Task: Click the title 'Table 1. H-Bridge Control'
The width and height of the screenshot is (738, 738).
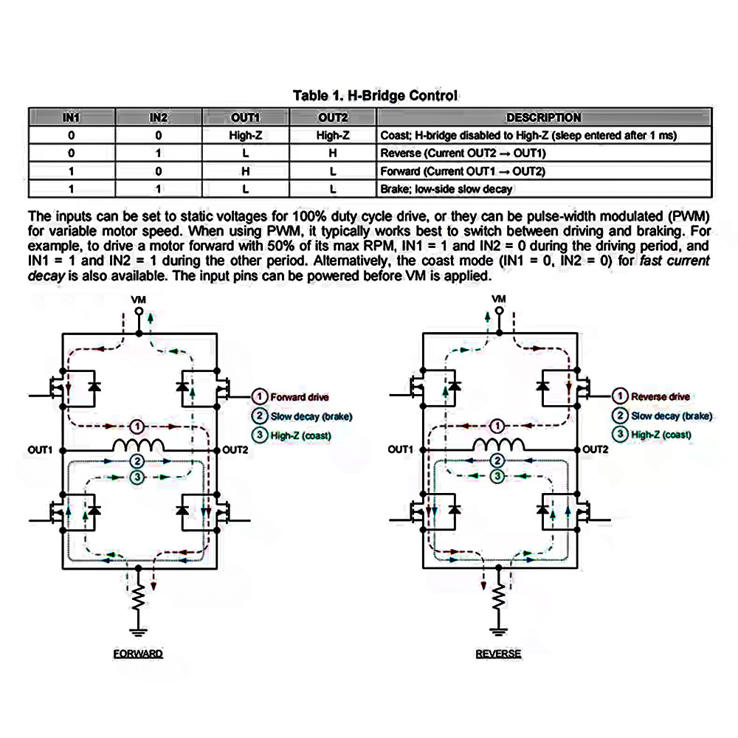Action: click(x=375, y=95)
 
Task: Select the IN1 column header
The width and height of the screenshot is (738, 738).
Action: click(x=72, y=117)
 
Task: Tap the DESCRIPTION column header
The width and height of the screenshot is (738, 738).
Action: click(x=544, y=117)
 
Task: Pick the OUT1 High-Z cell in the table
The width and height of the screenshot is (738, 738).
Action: click(x=245, y=136)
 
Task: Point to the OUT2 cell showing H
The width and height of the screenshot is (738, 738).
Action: click(x=333, y=154)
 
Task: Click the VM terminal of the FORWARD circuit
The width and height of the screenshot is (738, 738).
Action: click(x=139, y=311)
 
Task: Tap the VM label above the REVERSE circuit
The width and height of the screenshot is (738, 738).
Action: click(x=499, y=299)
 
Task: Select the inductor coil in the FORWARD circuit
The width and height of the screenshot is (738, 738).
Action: click(x=138, y=445)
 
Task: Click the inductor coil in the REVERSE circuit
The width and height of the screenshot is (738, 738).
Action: click(x=498, y=444)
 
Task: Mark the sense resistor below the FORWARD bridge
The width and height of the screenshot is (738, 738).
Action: click(x=138, y=597)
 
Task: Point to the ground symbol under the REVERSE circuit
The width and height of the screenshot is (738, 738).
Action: click(x=498, y=631)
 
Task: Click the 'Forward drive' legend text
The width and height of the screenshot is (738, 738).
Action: click(x=300, y=397)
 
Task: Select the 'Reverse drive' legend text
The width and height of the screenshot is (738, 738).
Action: click(x=661, y=397)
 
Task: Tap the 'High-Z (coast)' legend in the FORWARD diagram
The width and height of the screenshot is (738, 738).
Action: click(x=301, y=436)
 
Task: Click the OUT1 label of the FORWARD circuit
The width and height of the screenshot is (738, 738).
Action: click(x=40, y=450)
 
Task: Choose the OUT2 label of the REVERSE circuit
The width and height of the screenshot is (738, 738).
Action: click(x=596, y=449)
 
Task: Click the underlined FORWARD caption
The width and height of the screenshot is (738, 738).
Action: click(x=138, y=654)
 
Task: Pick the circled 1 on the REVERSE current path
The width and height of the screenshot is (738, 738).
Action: click(x=497, y=427)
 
